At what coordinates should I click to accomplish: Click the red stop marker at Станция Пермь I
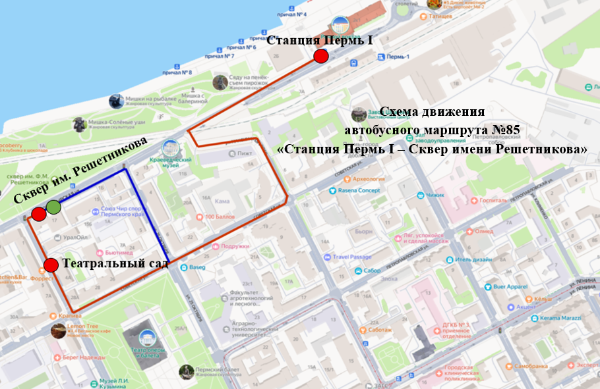320,56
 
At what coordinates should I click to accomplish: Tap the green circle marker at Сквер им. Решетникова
53,207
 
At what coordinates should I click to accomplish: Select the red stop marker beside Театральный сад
51,265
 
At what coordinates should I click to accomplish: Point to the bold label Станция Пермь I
320,40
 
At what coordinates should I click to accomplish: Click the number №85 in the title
506,130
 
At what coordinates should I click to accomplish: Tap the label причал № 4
291,14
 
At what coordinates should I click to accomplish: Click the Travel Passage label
352,257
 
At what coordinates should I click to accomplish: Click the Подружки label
235,247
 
